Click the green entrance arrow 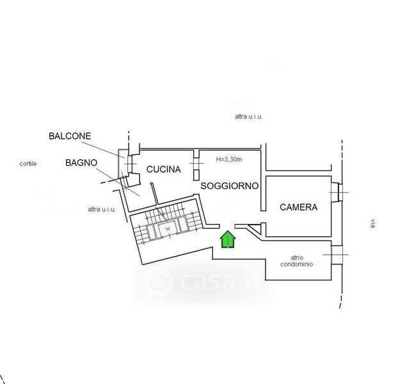click(228, 239)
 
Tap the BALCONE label click(70, 136)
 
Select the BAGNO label click(81, 163)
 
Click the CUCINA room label click(164, 170)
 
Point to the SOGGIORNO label click(230, 186)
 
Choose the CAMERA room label click(299, 207)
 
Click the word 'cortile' click(28, 163)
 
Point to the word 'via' click(372, 223)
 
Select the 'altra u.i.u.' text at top click(249, 117)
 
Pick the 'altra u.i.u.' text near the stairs click(102, 209)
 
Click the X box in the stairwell click(168, 228)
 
